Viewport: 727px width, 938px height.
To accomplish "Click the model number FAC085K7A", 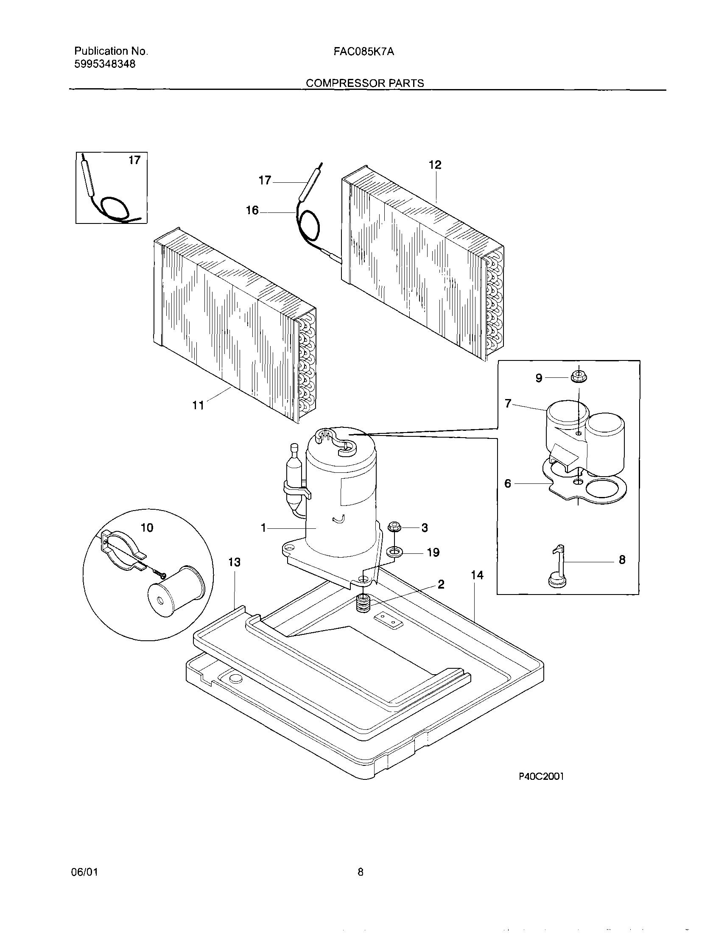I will click(x=363, y=52).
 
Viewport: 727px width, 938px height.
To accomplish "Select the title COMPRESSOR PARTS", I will click(x=364, y=83).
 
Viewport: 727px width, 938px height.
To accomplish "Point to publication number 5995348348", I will click(x=105, y=64).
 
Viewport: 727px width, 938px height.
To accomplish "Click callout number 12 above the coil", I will click(x=435, y=165).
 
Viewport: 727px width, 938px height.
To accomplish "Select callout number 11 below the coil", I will click(x=198, y=405).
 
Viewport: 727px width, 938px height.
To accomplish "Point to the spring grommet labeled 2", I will click(x=363, y=604).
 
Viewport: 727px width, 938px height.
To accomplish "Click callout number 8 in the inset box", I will click(x=622, y=560).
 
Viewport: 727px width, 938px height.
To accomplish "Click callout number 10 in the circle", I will click(x=147, y=528).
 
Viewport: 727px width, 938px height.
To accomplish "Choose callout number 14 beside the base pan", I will click(x=477, y=575).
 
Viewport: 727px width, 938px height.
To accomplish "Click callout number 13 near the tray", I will click(x=234, y=562).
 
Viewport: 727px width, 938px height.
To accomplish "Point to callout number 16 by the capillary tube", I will click(x=252, y=210).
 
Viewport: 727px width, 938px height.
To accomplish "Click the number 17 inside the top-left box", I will click(x=134, y=160).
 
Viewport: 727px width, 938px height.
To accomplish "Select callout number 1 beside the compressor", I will click(x=264, y=528).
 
